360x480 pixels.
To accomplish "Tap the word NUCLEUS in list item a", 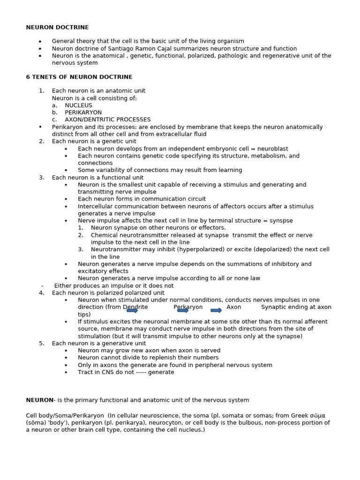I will coord(78,105).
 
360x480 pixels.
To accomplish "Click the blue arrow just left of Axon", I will coord(216,310).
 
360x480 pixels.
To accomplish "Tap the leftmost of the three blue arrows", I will coord(132,310).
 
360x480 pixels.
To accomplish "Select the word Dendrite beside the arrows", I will coord(135,307).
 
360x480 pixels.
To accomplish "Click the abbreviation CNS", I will coord(100,372).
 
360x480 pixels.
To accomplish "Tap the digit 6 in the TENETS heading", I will coord(28,77).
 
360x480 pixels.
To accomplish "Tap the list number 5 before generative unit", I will coord(41,343).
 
